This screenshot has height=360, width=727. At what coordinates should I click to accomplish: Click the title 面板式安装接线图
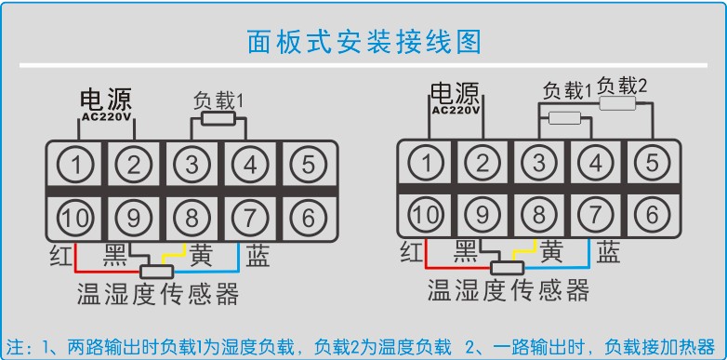pyautogui.click(x=363, y=42)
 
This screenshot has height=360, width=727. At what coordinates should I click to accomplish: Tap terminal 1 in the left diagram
pyautogui.click(x=77, y=166)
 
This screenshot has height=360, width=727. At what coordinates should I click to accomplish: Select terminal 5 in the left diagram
pyautogui.click(x=308, y=166)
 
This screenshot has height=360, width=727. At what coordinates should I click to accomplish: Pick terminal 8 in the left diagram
pyautogui.click(x=192, y=218)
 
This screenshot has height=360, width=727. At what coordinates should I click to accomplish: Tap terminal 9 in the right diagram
pyautogui.click(x=482, y=214)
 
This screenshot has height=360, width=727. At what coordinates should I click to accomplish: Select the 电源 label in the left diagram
pyautogui.click(x=105, y=100)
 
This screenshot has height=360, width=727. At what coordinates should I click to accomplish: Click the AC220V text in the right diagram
pyautogui.click(x=456, y=108)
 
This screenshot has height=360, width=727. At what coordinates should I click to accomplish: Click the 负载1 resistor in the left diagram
pyautogui.click(x=217, y=119)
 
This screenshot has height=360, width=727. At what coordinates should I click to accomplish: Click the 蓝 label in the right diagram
pyautogui.click(x=609, y=251)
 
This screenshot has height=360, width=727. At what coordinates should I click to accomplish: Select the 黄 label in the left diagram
pyautogui.click(x=202, y=254)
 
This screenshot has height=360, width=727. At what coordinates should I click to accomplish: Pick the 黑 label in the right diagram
pyautogui.click(x=466, y=251)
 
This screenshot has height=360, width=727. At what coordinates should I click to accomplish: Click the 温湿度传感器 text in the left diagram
pyautogui.click(x=158, y=295)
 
